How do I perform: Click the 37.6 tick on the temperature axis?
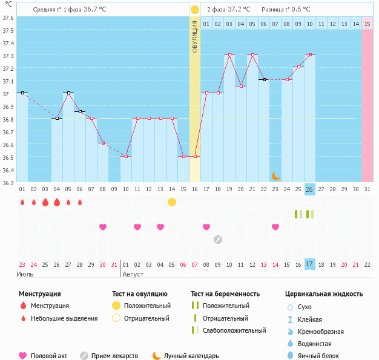(x=8, y=18)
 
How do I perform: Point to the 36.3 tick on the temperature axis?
(x=8, y=183)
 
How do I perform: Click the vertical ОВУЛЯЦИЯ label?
(x=195, y=36)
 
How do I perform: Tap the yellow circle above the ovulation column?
(x=195, y=10)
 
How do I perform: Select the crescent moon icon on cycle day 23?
(x=276, y=175)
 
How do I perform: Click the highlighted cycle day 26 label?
(x=309, y=189)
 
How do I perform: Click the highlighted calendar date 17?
(x=309, y=264)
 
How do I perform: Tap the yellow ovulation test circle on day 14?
(x=172, y=201)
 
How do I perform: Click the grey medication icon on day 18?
(x=218, y=239)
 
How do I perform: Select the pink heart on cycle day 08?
(x=103, y=227)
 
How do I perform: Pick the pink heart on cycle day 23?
(x=275, y=227)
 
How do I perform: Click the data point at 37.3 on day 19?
(x=229, y=55)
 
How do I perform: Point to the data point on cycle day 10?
(x=126, y=156)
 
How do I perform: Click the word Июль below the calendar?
(x=25, y=274)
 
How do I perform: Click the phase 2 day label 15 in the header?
(x=355, y=24)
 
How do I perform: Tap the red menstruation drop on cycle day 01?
(x=22, y=202)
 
